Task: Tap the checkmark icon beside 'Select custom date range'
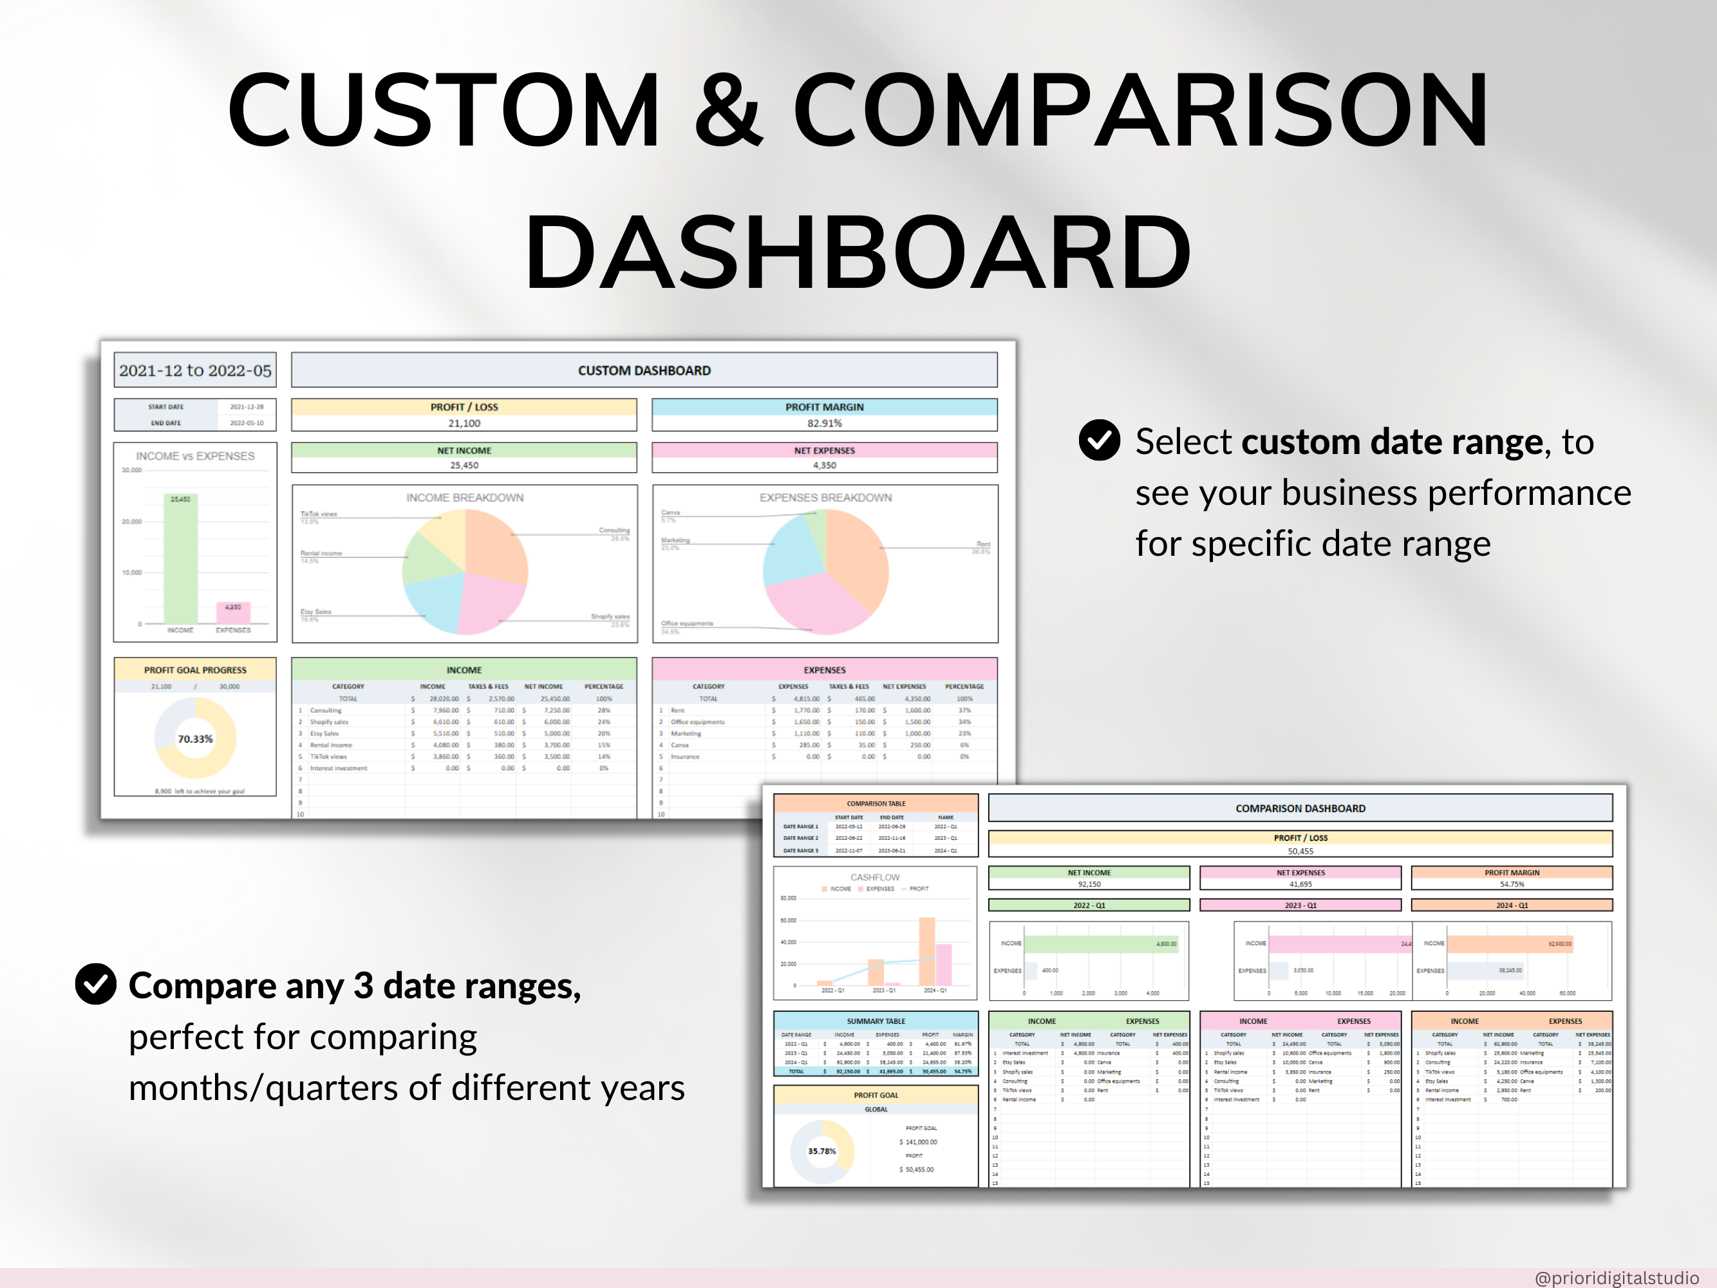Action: (x=1099, y=440)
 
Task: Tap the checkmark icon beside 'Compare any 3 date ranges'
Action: (x=95, y=985)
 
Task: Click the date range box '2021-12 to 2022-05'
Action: (x=195, y=370)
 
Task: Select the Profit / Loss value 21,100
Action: (x=464, y=423)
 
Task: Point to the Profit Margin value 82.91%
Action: (x=823, y=423)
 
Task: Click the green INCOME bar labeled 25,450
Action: (x=180, y=559)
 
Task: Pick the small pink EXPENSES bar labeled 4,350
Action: (x=233, y=612)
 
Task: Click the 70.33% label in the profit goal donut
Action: (x=195, y=739)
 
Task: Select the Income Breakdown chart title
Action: (x=464, y=498)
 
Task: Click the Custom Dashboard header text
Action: (x=644, y=370)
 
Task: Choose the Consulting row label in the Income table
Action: (x=325, y=710)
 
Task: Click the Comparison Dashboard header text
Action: (x=1300, y=808)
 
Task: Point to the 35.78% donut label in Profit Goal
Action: (x=821, y=1151)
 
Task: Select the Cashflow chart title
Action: (x=875, y=877)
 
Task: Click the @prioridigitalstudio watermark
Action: (x=1616, y=1278)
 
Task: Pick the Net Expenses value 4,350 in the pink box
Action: (x=823, y=466)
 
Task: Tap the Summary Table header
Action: (x=876, y=1021)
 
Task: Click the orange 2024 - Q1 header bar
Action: (x=1511, y=905)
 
